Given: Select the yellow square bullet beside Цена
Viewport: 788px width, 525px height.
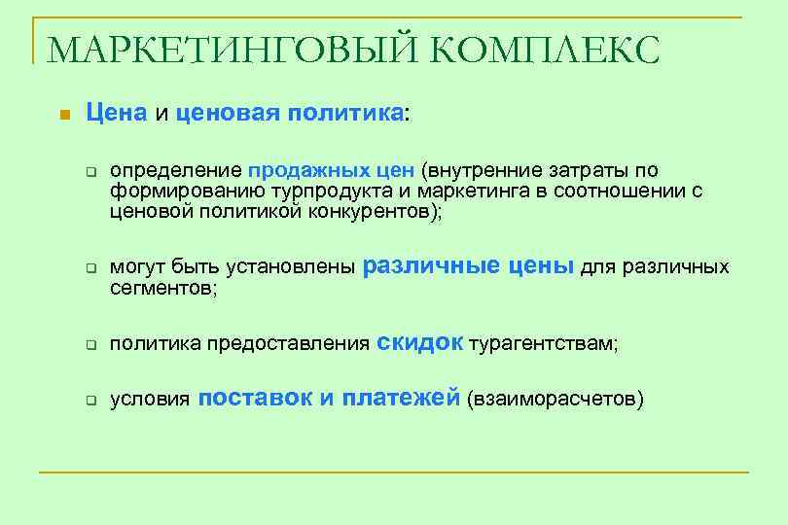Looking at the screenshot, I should pos(64,115).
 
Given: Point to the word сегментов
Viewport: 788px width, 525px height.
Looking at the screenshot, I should pos(160,288).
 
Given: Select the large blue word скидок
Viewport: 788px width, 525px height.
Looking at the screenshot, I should pos(419,341).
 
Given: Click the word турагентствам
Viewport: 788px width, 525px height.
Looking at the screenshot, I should pos(543,344).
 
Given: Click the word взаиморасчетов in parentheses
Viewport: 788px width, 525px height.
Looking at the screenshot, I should pos(555,400).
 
